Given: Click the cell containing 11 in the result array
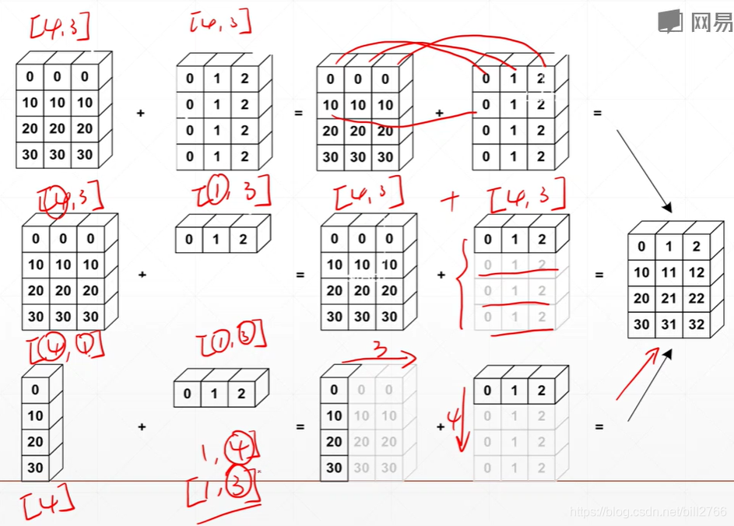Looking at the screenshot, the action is coord(669,273).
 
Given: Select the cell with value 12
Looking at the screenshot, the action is coord(696,273).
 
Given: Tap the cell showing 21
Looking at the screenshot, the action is coord(669,299).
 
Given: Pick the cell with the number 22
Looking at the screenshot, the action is coord(696,299).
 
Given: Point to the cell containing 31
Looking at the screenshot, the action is coord(669,325).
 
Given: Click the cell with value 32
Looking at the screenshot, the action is coord(696,325).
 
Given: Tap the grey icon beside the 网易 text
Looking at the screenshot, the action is coord(670,22).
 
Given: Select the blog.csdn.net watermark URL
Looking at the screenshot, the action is coord(648,512).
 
